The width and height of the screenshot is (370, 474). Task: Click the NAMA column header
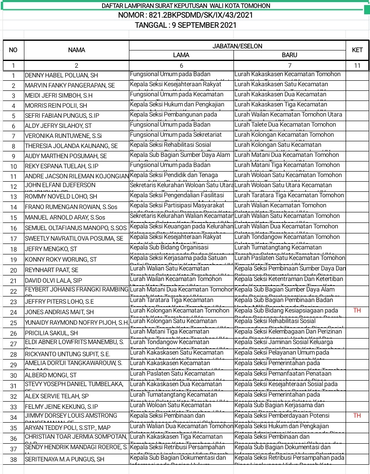[76, 50]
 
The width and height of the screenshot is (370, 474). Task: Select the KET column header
[357, 50]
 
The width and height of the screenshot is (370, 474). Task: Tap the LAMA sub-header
[181, 55]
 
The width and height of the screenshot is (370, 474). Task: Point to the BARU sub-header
[289, 55]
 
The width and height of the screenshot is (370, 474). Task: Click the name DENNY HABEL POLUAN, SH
[61, 75]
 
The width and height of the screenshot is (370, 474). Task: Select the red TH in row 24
[357, 310]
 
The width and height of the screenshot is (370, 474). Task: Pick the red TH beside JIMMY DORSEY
[357, 416]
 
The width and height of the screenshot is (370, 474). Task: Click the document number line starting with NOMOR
[185, 16]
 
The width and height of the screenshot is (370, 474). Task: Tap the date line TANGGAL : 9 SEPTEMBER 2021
[185, 25]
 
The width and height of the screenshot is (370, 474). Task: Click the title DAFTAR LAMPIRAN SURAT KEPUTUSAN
[185, 6]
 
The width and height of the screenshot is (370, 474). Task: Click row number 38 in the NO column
[13, 459]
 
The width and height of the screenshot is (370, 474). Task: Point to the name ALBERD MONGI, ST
[51, 375]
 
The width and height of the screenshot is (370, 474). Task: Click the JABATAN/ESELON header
[237, 45]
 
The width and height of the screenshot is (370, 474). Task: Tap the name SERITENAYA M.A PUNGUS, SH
[64, 459]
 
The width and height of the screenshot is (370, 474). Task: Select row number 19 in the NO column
[13, 260]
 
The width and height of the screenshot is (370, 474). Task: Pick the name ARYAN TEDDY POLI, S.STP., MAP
[68, 428]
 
